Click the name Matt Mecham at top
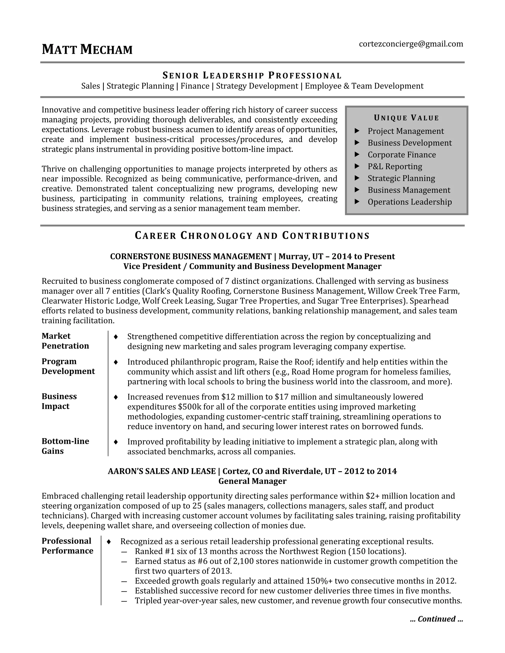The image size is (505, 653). coord(87,49)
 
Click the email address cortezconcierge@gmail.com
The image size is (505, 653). coord(411,44)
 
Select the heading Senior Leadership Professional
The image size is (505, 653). coord(252,75)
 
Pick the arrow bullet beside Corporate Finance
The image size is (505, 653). coord(357,154)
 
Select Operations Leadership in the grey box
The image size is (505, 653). coord(410,202)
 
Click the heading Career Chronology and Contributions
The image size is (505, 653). coord(252,236)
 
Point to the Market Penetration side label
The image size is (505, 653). coord(65,341)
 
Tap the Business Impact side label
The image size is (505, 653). coord(59,401)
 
